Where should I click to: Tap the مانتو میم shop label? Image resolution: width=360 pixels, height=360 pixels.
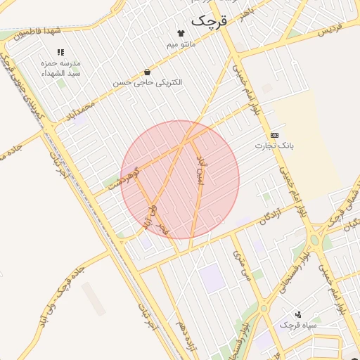coord(181,45)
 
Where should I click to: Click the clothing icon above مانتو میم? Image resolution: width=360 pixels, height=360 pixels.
coord(181,33)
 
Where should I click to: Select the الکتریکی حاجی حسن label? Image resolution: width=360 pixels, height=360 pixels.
coord(148,83)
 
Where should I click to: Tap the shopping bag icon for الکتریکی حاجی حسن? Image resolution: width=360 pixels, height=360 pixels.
coord(147,72)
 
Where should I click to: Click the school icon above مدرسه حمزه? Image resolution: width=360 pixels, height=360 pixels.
coord(60,52)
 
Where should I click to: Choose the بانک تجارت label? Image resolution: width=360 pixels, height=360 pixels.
coord(274,146)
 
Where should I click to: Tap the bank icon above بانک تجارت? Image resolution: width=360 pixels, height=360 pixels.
coord(274,135)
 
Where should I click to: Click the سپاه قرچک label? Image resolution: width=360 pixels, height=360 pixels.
coord(299,326)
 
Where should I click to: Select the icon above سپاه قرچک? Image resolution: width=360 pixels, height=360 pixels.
coord(299,314)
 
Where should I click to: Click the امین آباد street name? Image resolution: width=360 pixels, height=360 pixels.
coord(200,169)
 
